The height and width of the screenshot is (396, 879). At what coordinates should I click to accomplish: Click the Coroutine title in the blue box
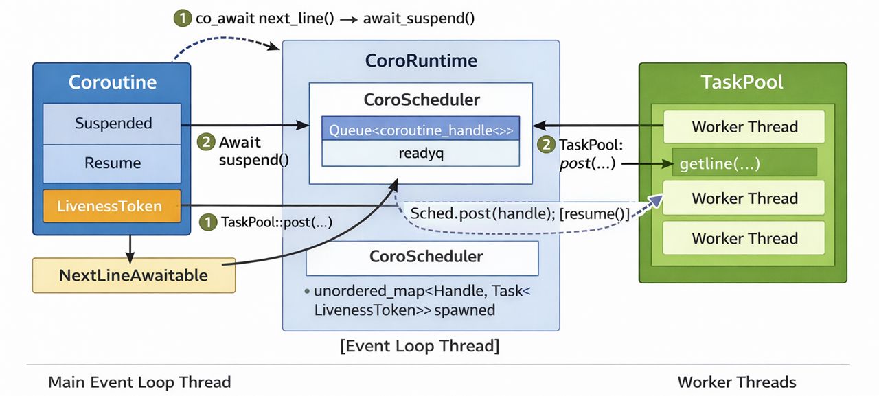(113, 82)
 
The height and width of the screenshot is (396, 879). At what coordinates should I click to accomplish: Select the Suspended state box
(113, 124)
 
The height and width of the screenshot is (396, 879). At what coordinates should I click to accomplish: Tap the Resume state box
(113, 163)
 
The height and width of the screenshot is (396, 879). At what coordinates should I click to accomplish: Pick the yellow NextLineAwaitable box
(133, 275)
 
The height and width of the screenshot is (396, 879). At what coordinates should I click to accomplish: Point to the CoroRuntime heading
(421, 60)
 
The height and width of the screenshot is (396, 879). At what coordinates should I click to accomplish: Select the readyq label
(421, 154)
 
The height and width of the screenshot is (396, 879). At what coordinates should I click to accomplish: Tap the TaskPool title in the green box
(742, 82)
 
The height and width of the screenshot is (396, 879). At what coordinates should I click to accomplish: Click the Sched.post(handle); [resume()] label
(519, 213)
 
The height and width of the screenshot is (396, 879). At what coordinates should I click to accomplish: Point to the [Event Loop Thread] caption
(420, 345)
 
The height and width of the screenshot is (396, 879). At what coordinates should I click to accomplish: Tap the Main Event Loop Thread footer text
(139, 382)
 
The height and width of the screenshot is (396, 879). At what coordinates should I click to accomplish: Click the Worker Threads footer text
(737, 382)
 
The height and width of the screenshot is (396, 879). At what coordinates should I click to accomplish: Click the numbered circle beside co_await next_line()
(183, 19)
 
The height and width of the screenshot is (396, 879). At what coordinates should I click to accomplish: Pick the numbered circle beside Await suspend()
(205, 143)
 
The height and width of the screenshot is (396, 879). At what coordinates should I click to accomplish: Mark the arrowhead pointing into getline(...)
(666, 164)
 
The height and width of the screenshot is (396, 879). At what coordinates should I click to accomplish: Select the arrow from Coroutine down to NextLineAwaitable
(130, 246)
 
